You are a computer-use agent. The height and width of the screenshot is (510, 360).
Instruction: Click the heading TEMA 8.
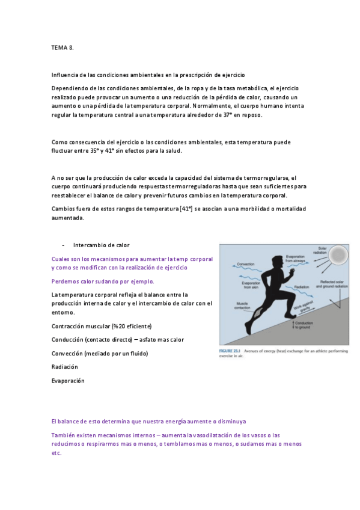(62, 46)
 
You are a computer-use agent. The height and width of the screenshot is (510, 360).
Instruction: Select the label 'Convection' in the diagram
(246, 264)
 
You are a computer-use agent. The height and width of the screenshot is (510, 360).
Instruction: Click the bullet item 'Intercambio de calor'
(101, 245)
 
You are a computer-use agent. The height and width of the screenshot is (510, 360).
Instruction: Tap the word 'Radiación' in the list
(65, 366)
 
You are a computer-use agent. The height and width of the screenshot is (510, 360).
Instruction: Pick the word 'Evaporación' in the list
(68, 381)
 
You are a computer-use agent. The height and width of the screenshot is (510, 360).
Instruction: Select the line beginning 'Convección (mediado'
(100, 353)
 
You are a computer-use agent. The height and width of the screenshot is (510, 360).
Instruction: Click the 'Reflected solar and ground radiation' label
(334, 284)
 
